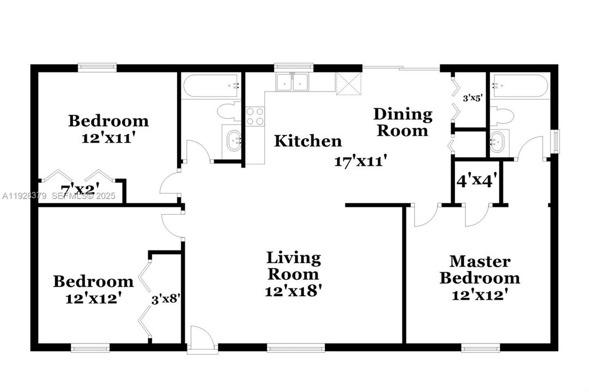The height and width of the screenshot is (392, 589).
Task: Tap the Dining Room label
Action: [403, 122]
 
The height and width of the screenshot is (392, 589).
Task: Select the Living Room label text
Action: [293, 266]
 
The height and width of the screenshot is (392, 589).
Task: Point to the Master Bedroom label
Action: [479, 270]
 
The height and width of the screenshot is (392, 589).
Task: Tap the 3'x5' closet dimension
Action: [472, 99]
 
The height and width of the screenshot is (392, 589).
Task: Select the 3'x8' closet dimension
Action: [165, 298]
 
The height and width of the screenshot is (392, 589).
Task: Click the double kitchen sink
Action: [293, 82]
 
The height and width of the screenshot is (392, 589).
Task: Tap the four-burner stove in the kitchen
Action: [256, 117]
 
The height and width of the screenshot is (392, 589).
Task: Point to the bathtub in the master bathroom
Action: [514, 85]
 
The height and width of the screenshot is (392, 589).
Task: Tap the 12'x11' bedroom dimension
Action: [108, 138]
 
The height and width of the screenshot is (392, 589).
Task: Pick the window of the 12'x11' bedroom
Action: [97, 68]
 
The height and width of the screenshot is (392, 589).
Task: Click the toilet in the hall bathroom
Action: [227, 112]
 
